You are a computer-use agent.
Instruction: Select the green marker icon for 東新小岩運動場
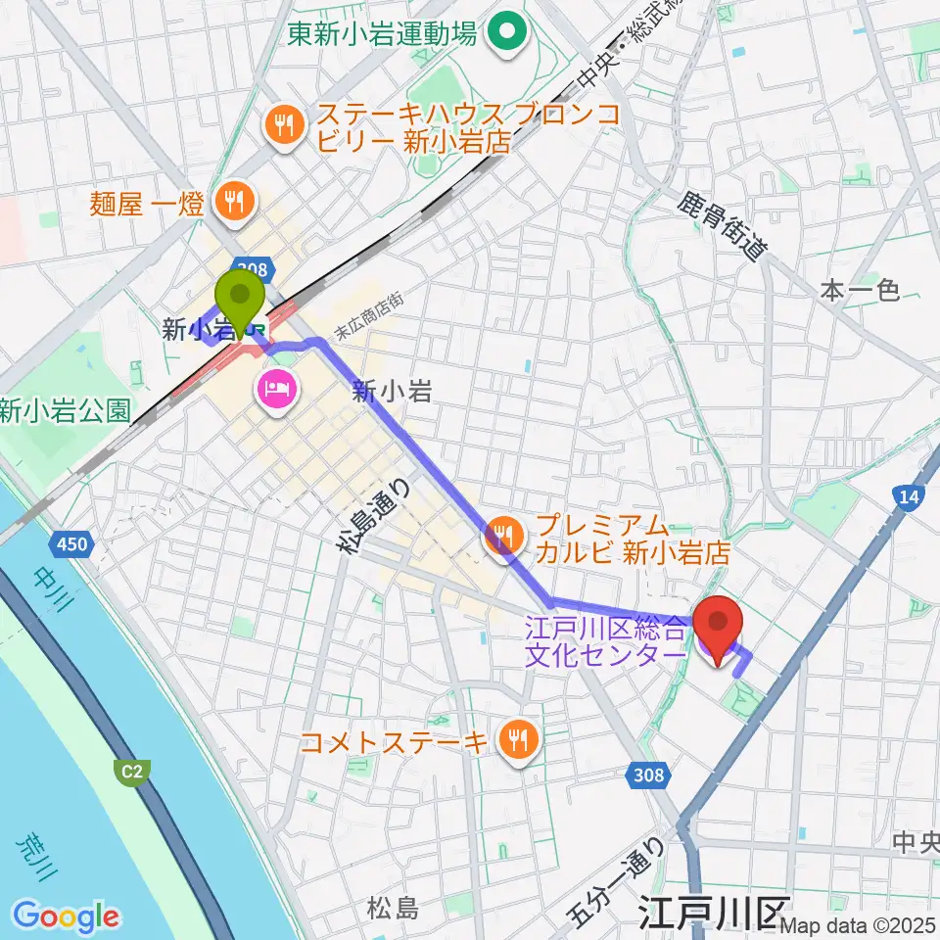click(x=508, y=34)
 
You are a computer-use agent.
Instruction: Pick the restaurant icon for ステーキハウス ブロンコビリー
click(x=284, y=124)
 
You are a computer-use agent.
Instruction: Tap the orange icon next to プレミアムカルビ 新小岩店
click(x=503, y=537)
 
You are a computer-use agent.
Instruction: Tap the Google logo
click(x=67, y=916)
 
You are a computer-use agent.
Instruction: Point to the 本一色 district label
click(x=859, y=290)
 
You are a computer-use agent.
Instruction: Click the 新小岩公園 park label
click(x=65, y=410)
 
